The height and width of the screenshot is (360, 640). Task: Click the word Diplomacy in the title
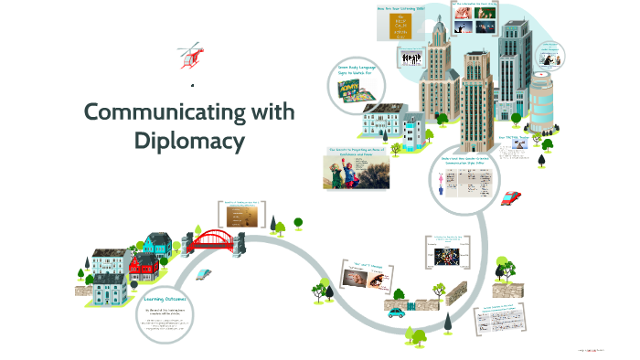pos(190,141)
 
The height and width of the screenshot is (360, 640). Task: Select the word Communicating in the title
pos(190,113)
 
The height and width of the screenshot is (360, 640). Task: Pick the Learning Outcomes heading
pos(165,299)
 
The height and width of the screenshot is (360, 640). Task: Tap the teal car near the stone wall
pos(396,312)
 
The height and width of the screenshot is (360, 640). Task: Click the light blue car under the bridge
pos(204,273)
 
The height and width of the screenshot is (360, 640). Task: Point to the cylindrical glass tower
pos(541,102)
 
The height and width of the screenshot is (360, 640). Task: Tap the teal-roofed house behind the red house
pos(157,243)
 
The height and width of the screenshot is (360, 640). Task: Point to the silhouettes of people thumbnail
pos(412,57)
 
